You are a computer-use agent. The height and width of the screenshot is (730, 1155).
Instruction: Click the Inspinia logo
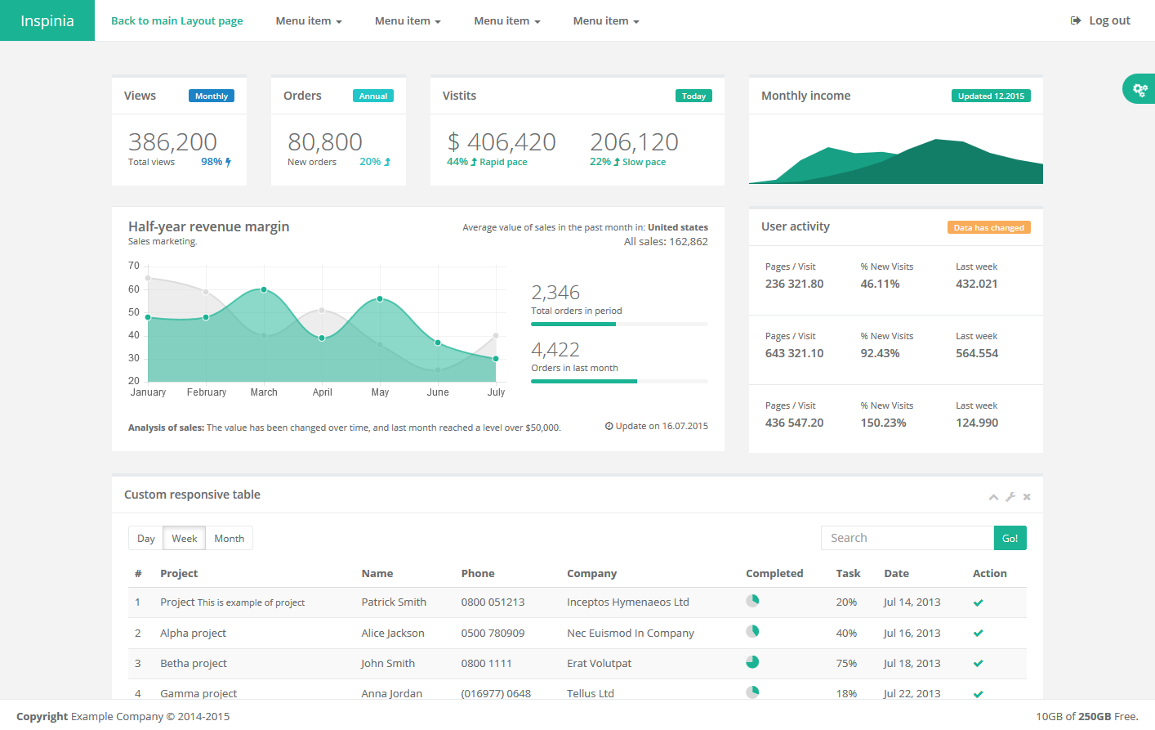pos(47,20)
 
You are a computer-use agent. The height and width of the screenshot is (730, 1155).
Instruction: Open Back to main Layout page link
pos(176,20)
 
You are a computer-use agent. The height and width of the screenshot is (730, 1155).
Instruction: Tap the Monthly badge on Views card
pos(212,96)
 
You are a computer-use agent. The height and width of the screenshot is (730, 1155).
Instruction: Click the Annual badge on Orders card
pos(373,96)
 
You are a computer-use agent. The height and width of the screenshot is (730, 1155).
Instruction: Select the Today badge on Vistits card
pos(693,96)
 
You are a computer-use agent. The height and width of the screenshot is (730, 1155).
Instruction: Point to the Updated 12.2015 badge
pos(991,96)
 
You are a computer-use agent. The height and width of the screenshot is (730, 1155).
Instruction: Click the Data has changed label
pos(988,227)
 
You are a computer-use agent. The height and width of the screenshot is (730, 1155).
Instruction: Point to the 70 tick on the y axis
pos(134,266)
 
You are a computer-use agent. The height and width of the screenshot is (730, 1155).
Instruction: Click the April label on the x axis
pos(322,392)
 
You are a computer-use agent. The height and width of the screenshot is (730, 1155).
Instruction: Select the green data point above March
pos(264,289)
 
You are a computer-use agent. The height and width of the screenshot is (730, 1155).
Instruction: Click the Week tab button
pos(184,538)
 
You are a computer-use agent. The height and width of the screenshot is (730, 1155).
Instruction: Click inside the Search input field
pos(907,538)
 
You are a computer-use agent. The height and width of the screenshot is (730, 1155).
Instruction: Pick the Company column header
pos(591,573)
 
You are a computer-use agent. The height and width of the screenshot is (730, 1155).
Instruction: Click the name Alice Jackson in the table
pos(393,633)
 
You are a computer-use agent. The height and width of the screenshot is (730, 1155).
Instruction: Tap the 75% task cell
pos(846,663)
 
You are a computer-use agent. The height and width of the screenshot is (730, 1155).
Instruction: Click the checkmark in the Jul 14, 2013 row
pos(978,602)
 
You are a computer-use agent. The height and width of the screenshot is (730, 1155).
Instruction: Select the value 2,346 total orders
pos(555,293)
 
